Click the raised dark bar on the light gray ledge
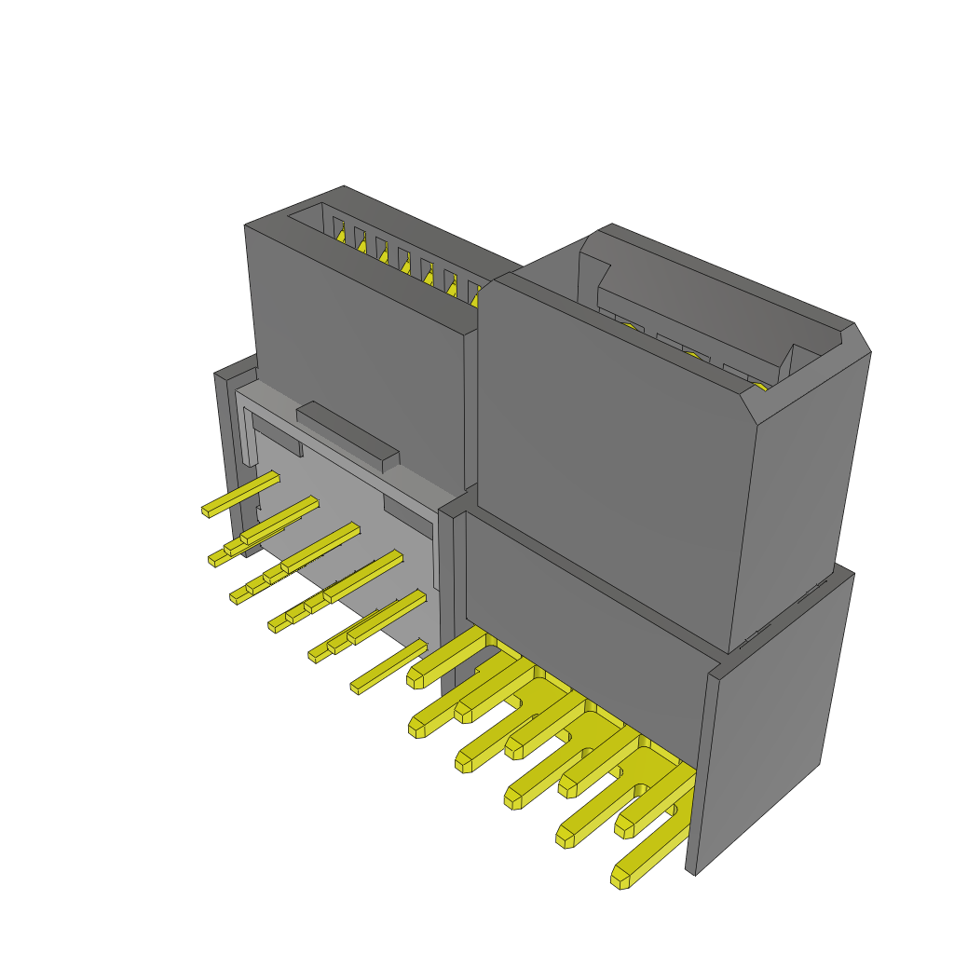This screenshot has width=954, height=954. (348, 435)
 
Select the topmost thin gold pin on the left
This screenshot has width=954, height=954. (240, 495)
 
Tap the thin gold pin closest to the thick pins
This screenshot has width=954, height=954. (388, 669)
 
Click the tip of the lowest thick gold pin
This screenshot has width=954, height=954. (621, 877)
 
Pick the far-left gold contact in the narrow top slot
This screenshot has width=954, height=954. (340, 235)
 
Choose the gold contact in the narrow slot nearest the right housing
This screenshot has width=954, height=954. (476, 299)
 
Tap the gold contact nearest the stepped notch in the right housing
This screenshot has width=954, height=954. (629, 325)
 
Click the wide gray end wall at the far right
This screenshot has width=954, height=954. (773, 717)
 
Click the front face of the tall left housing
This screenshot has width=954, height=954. (359, 354)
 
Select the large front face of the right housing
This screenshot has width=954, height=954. (606, 457)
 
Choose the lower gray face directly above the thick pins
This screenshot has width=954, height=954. (578, 606)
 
